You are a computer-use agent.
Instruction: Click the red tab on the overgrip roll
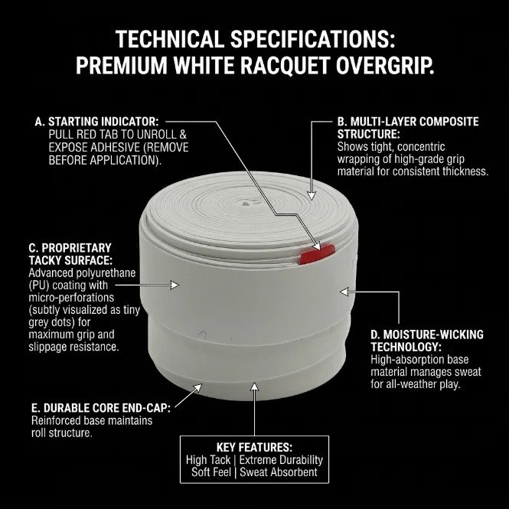[317, 254]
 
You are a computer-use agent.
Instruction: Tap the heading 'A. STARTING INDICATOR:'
[96, 122]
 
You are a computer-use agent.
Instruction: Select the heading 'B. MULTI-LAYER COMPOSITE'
[408, 122]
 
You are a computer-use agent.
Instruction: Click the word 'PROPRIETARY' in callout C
[77, 248]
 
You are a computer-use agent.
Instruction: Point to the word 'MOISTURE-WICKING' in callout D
[433, 334]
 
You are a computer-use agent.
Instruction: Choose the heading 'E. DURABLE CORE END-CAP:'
[100, 408]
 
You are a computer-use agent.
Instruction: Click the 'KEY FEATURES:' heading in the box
[254, 447]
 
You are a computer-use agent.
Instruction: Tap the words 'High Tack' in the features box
[207, 460]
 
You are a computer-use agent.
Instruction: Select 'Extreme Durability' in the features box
[281, 460]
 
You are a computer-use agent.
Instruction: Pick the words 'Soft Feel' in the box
[211, 472]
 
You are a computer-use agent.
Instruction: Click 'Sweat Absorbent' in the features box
[279, 472]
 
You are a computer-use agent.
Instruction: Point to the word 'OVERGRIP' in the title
[385, 65]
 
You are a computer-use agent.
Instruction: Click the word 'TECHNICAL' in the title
[169, 39]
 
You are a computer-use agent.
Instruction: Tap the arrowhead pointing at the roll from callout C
[175, 285]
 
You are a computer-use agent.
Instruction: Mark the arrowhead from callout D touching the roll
[344, 292]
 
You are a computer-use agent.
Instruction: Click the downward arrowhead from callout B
[312, 196]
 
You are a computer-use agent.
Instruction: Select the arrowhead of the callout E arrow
[197, 387]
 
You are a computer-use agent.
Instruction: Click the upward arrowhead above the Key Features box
[254, 387]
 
